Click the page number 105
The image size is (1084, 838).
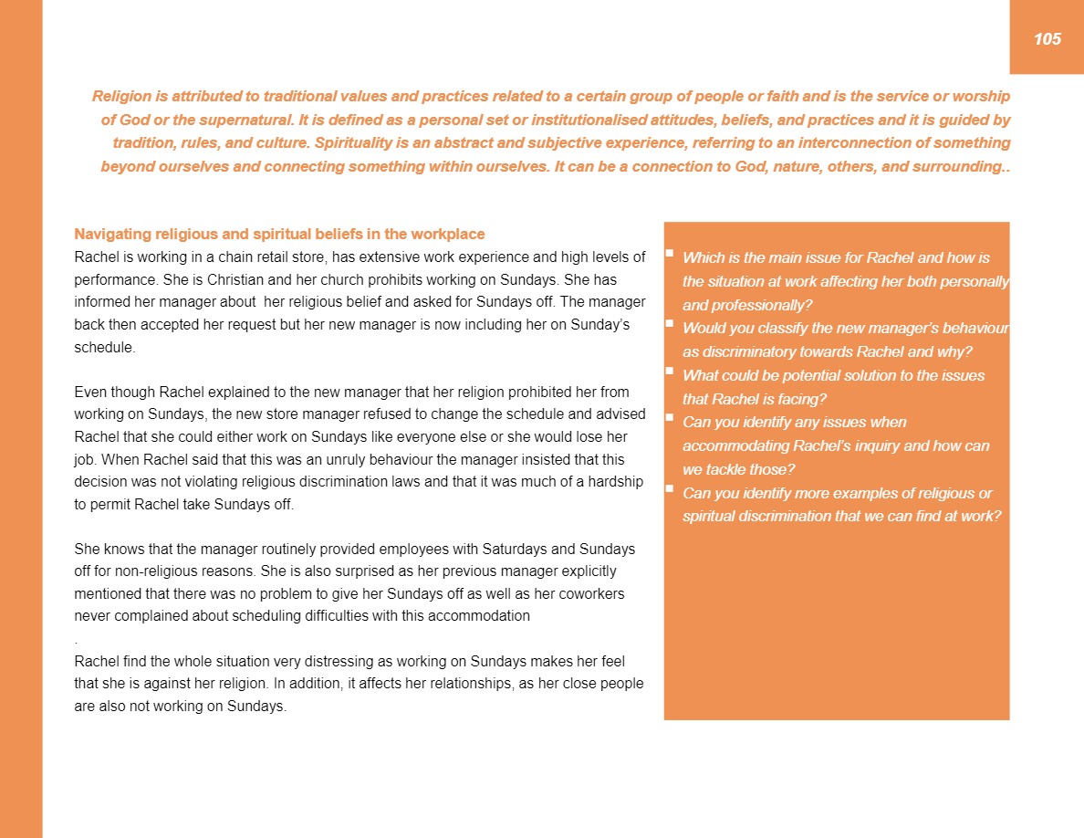[1048, 38]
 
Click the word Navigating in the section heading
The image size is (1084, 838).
[110, 234]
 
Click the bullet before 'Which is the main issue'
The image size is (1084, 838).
[670, 253]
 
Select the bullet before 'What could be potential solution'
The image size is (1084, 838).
[670, 371]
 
